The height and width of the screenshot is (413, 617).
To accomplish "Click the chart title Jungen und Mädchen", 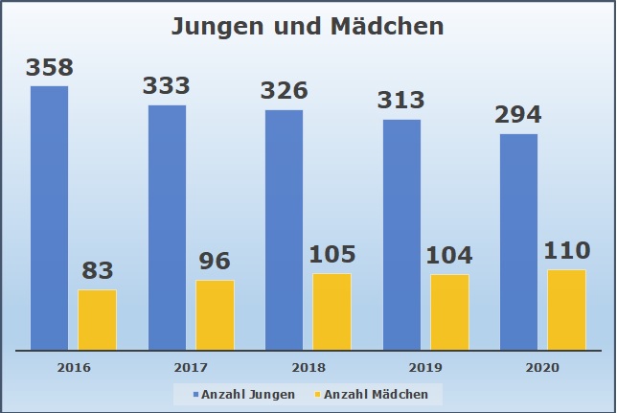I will (x=308, y=26).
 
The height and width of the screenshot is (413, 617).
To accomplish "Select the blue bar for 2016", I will (x=50, y=218).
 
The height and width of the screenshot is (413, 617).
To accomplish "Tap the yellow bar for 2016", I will (x=97, y=319).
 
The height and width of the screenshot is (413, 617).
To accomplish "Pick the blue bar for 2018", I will (x=285, y=229).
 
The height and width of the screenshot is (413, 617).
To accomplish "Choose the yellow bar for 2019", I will (x=449, y=311).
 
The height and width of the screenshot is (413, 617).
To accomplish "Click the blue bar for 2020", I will (x=518, y=241).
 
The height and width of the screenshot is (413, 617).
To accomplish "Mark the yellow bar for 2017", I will (x=215, y=314).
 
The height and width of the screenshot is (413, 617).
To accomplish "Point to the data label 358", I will (x=50, y=68).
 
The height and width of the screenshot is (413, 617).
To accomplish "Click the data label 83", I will (x=97, y=271).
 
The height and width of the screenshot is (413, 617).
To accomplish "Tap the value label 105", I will (x=331, y=255).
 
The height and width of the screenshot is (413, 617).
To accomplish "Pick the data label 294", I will (x=518, y=115).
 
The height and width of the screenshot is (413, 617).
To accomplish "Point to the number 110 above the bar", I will (x=565, y=251).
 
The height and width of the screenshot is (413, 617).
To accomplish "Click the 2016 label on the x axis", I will (x=74, y=367).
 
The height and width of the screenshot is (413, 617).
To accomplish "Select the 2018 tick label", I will (x=308, y=367).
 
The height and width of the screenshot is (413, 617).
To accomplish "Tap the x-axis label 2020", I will (x=542, y=367).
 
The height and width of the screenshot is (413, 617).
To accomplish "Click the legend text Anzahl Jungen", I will (x=247, y=394).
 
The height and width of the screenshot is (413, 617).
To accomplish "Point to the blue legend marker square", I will (x=196, y=394).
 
